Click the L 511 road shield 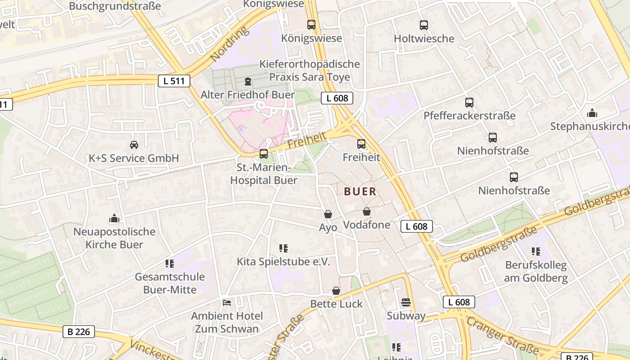pyautogui.click(x=174, y=81)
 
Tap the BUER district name pyautogui.click(x=360, y=192)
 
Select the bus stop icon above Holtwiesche pyautogui.click(x=423, y=25)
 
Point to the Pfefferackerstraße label pyautogui.click(x=469, y=116)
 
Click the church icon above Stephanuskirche pyautogui.click(x=592, y=112)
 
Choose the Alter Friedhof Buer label pyautogui.click(x=247, y=95)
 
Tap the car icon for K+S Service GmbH pyautogui.click(x=134, y=145)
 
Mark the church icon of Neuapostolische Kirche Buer pyautogui.click(x=114, y=219)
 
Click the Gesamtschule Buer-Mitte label pyautogui.click(x=170, y=283)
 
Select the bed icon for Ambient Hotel pyautogui.click(x=227, y=302)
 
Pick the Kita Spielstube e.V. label pyautogui.click(x=283, y=262)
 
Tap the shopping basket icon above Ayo pyautogui.click(x=328, y=214)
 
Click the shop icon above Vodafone pyautogui.click(x=367, y=211)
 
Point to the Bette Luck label pyautogui.click(x=336, y=304)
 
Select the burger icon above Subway pyautogui.click(x=405, y=302)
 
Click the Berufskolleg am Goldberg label pyautogui.click(x=535, y=271)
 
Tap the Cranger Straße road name pyautogui.click(x=502, y=335)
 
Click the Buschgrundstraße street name pyautogui.click(x=115, y=6)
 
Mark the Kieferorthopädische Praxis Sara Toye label pyautogui.click(x=310, y=71)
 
